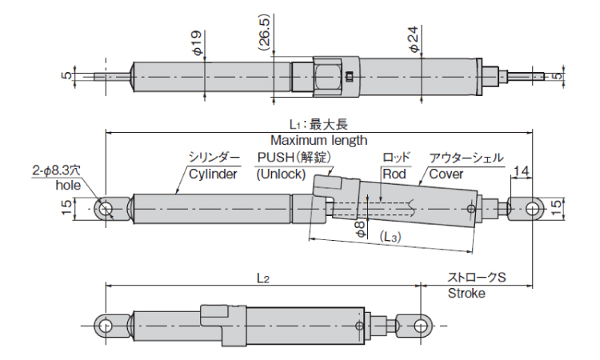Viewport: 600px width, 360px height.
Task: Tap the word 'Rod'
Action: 394,174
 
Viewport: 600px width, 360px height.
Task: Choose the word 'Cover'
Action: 446,174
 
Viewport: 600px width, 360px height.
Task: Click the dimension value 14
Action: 521,171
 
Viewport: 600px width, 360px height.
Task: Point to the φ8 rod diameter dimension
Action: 361,226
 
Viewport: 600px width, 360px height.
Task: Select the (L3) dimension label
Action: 390,238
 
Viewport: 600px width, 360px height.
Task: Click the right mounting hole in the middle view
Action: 533,208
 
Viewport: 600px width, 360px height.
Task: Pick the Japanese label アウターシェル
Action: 466,158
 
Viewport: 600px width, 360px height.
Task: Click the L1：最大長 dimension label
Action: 318,125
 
